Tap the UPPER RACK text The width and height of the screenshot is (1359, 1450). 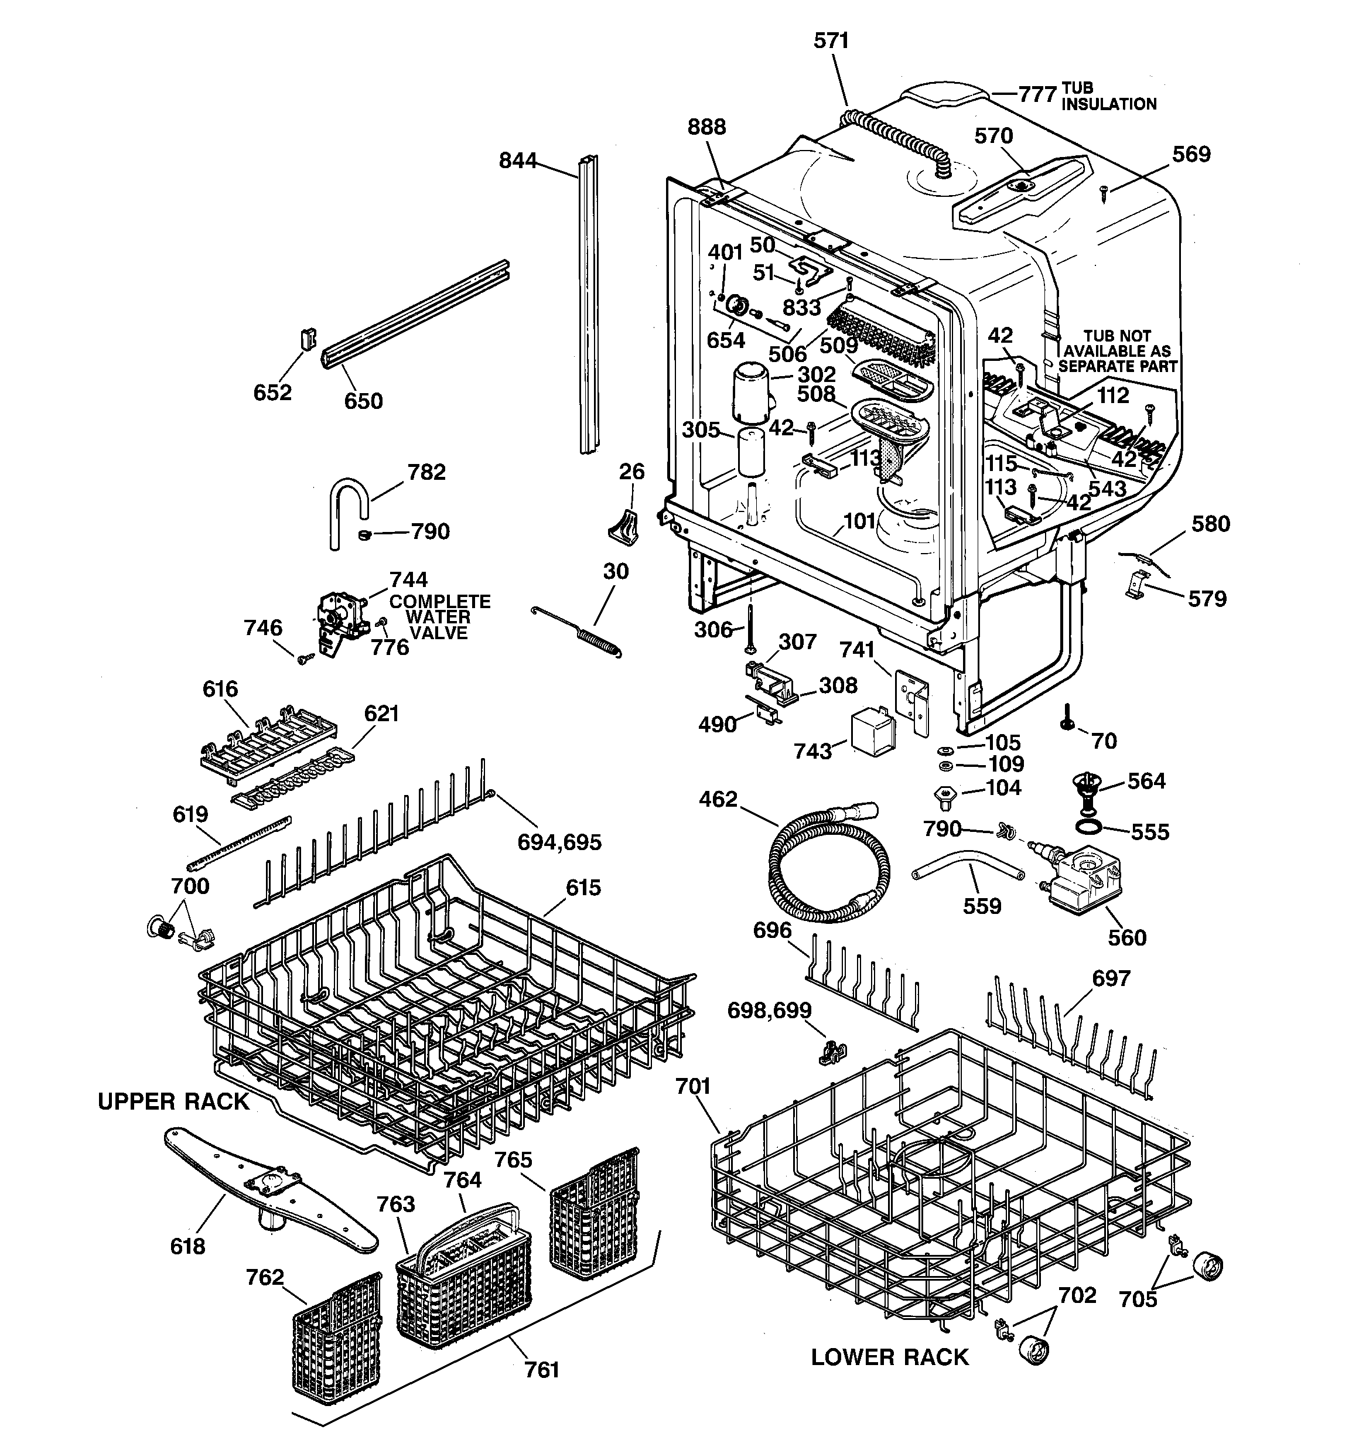[x=173, y=1101]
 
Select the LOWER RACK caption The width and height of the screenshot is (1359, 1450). [x=889, y=1357]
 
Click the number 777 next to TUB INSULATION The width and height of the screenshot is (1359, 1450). [x=1037, y=95]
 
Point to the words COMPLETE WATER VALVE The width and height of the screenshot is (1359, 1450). [x=439, y=617]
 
